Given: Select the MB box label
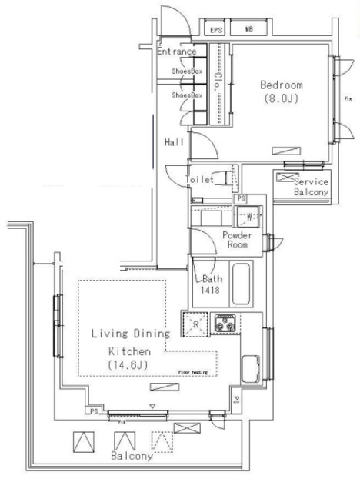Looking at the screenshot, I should tap(249, 30).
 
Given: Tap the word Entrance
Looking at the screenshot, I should tap(182, 52).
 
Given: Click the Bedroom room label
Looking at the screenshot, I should tap(281, 85).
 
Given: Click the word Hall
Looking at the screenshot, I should tap(174, 143).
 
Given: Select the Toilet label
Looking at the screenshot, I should tap(198, 179).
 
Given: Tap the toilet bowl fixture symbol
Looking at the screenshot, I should tap(223, 178).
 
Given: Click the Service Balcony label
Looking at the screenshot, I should tap(311, 187).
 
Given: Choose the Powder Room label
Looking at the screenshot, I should tap(238, 240).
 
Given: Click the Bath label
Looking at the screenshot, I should tap(213, 280).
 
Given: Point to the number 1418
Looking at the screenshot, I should tap(213, 292).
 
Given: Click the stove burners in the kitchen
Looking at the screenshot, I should tap(225, 324).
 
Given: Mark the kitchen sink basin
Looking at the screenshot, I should tap(250, 371).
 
